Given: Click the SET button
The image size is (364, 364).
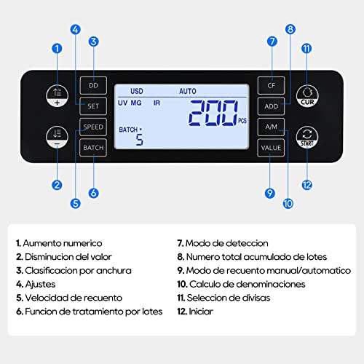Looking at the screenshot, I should point(93,105).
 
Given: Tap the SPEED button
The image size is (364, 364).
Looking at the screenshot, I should point(93,127).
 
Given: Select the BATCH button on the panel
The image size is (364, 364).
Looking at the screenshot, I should point(93,148).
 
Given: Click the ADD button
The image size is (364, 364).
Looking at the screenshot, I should point(271,106).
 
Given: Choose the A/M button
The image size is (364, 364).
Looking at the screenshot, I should point(271,127).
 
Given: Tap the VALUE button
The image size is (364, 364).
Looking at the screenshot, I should point(271,148).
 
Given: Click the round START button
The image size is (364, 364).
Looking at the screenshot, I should point(307,135).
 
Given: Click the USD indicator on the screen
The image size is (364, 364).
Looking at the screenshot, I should point(137,91).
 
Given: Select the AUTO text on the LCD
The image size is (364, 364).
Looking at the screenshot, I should point(187,91).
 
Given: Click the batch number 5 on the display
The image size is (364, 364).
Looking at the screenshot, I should point(139,138).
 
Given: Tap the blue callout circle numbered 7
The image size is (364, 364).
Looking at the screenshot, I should point(272,42).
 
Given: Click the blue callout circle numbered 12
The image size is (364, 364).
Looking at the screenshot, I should point(307,185).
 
